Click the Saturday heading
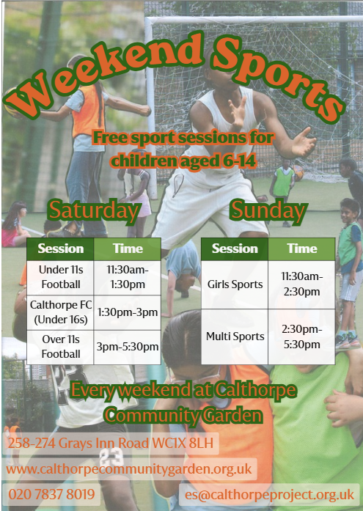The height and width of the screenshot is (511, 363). tap(94, 211)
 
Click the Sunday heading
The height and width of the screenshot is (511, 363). tap(269, 211)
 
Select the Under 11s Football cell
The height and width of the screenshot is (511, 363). tap(61, 278)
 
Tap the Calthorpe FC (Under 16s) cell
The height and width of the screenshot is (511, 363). tap(61, 312)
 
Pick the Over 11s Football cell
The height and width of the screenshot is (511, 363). tap(61, 347)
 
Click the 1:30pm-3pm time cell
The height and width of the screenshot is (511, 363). tap(128, 312)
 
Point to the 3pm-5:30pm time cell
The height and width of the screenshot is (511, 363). tap(128, 347)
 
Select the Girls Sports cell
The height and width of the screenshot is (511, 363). tap(235, 284)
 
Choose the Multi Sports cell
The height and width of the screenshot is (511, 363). tap(235, 337)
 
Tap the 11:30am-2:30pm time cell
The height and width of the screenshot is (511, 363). tap(301, 284)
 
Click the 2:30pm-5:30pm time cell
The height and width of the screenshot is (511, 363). tap(301, 337)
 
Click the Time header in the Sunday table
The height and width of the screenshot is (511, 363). tap(301, 249)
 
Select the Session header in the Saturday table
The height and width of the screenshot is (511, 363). tap(61, 249)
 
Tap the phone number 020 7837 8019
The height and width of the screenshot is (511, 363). tap(51, 494)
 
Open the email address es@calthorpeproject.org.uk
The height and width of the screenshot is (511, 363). tap(269, 494)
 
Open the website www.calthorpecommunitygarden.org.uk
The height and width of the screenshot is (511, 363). tap(129, 469)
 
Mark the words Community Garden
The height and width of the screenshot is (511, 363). tap(183, 416)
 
